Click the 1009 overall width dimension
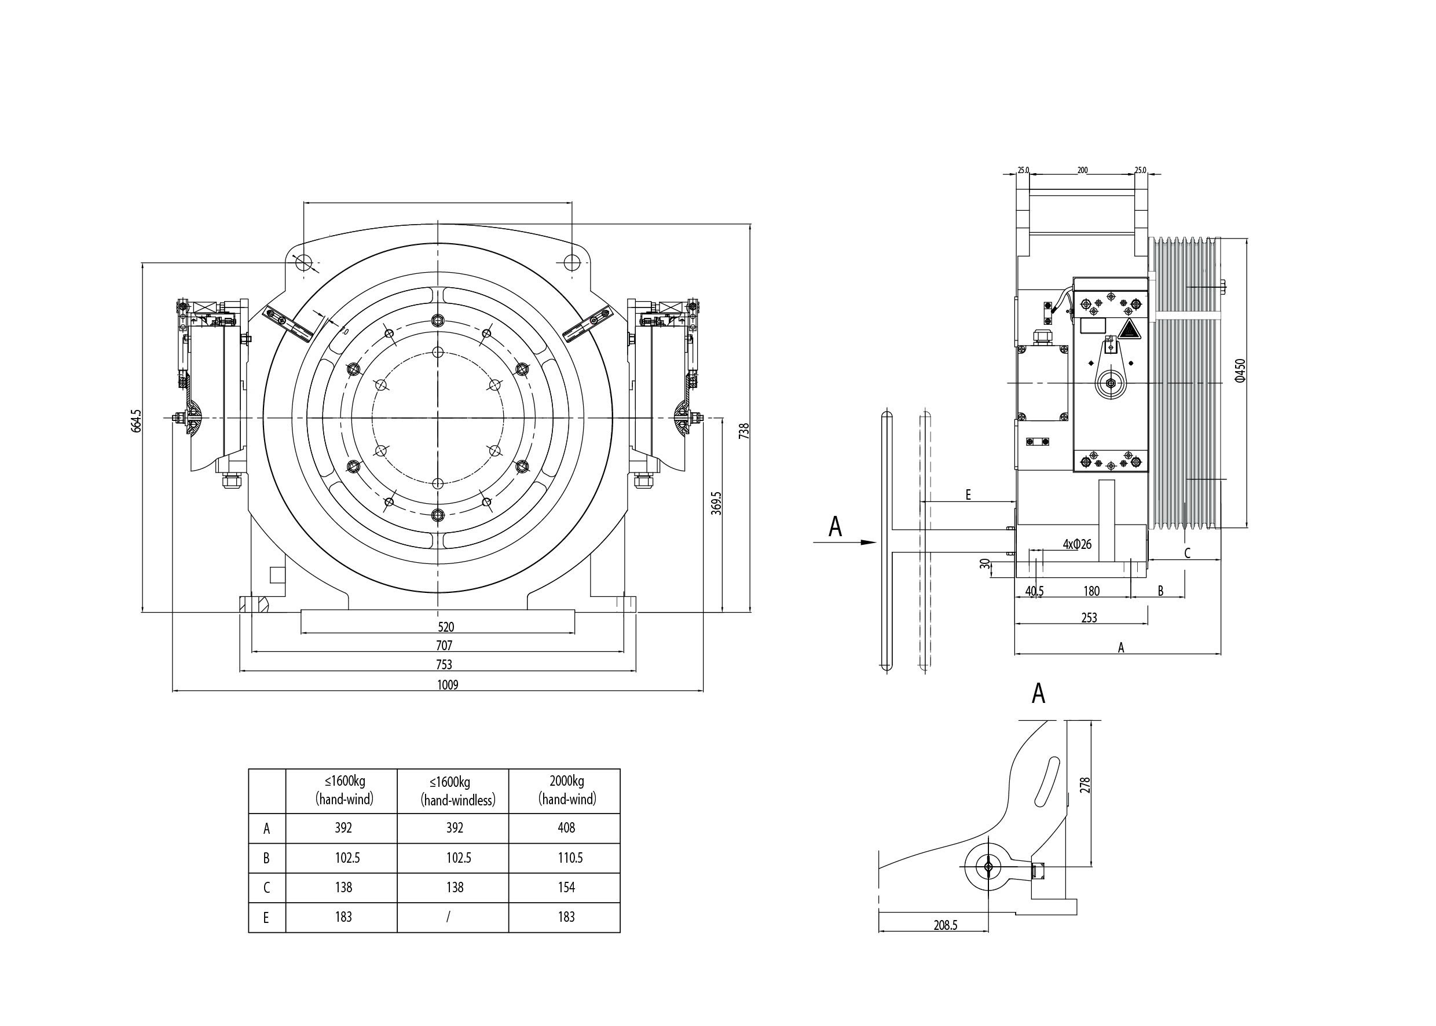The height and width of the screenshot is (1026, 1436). point(447,685)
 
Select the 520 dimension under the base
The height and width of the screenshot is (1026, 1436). point(446,626)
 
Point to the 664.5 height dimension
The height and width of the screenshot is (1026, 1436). point(137,421)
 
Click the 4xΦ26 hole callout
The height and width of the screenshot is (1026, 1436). point(1076,544)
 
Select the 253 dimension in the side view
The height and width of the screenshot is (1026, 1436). point(1089,618)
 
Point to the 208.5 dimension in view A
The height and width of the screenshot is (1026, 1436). point(946,925)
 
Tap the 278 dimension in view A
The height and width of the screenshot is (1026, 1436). point(1085,785)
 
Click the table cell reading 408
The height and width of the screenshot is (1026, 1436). point(566,827)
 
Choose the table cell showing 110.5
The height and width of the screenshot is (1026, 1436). point(566,858)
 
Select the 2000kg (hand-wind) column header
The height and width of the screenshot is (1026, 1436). point(567,791)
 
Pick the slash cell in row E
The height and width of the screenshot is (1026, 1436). point(449,917)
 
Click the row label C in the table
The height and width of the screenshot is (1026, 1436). point(266,888)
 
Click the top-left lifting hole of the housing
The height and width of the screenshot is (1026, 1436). point(304,261)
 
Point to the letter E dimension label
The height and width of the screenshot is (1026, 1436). point(968,495)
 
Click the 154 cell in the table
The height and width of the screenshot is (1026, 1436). point(566,888)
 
